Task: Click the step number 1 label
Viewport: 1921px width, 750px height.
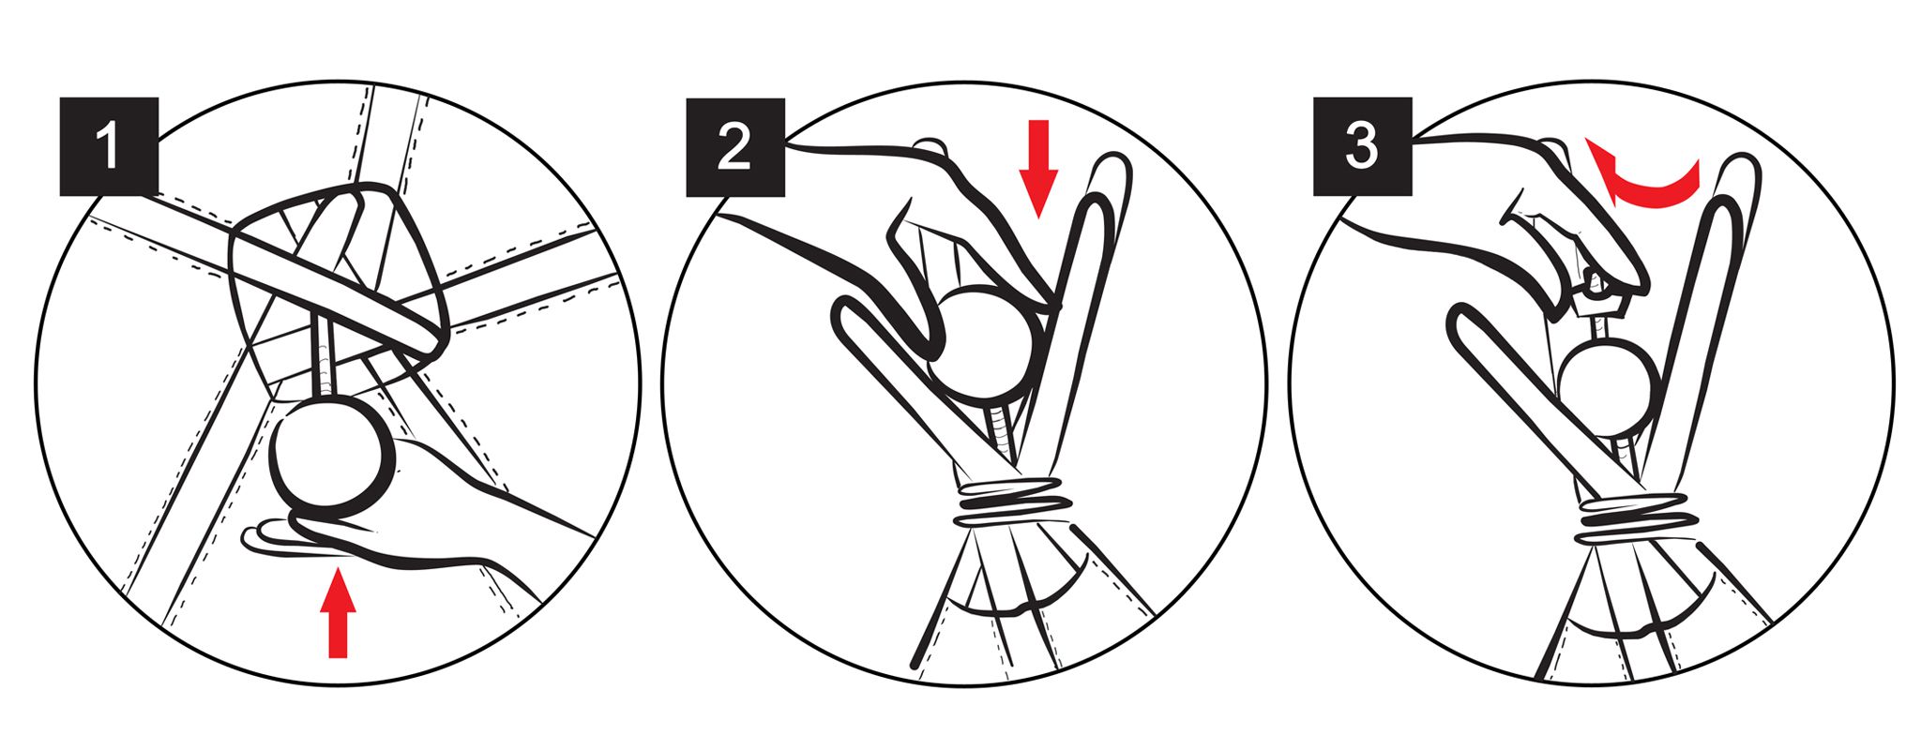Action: (x=109, y=147)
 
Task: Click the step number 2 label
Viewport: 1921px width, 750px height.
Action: (x=734, y=147)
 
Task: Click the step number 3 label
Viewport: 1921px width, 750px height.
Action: (x=1362, y=147)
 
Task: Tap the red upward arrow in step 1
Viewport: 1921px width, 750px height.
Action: (x=338, y=616)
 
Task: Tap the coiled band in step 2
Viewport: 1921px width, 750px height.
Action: (x=1013, y=503)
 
